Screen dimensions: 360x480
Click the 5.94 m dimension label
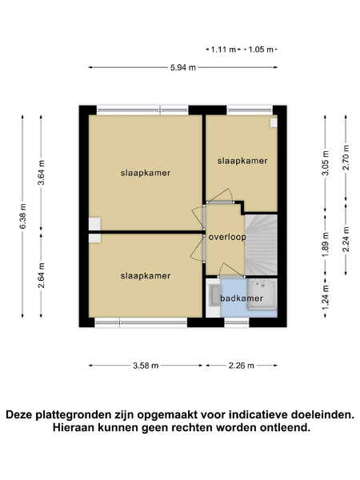point(183,67)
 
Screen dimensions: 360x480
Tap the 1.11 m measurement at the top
point(223,50)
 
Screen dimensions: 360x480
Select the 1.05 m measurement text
point(261,50)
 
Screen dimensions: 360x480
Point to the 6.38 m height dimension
point(22,216)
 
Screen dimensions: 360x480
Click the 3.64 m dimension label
point(41,173)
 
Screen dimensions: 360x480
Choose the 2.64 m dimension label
point(41,275)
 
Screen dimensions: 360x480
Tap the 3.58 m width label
point(146,366)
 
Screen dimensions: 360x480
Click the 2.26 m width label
point(242,366)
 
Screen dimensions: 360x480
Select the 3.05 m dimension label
point(326,163)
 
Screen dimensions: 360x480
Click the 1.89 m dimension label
point(326,245)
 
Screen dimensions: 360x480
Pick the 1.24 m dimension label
point(326,298)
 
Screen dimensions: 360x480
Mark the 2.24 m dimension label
point(346,239)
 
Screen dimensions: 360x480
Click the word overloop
point(227,238)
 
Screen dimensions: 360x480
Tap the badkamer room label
point(242,298)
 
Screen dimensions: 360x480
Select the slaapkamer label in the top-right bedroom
point(242,161)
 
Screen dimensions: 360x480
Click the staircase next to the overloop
point(262,244)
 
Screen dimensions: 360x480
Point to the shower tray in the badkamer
point(262,294)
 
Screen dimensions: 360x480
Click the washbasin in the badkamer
point(214,295)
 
